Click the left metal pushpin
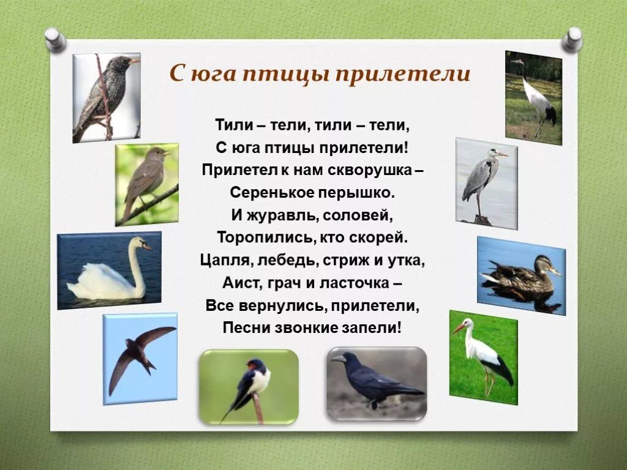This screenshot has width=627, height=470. pyautogui.click(x=55, y=39)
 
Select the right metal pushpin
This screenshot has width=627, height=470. pyautogui.click(x=573, y=39)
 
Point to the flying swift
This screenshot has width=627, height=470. pyautogui.click(x=139, y=357)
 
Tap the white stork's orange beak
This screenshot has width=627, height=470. pyautogui.click(x=459, y=328)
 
